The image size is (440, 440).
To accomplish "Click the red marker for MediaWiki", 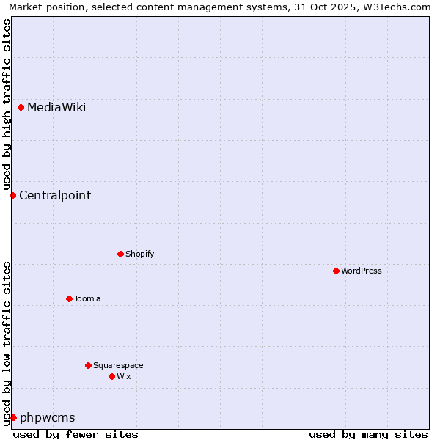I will point(21,108).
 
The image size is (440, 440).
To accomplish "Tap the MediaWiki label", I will point(56,108).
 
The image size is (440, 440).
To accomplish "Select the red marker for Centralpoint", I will point(12,195).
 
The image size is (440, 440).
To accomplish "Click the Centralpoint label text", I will point(55,195).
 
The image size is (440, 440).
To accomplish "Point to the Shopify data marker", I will point(120,254).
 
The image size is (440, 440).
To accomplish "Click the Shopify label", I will point(139,254).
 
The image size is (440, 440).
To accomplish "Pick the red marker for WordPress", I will point(336,271).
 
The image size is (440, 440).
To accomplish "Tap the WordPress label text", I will point(361,271).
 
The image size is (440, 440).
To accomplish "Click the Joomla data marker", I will point(69,298).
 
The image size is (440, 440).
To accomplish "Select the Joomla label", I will point(87,298).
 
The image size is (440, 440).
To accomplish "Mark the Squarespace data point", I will point(88,365).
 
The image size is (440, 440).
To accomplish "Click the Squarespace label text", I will point(118,365).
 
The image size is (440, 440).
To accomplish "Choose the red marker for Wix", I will point(111,376).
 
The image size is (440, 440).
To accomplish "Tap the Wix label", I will point(123,376).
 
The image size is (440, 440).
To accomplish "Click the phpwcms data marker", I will point(13,417).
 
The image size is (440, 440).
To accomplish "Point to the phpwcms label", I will point(48,418).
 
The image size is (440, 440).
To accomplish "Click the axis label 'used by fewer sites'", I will point(76,434).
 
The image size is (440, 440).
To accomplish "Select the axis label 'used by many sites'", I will point(368,434).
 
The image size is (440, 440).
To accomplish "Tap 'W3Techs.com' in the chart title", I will point(400,7).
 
